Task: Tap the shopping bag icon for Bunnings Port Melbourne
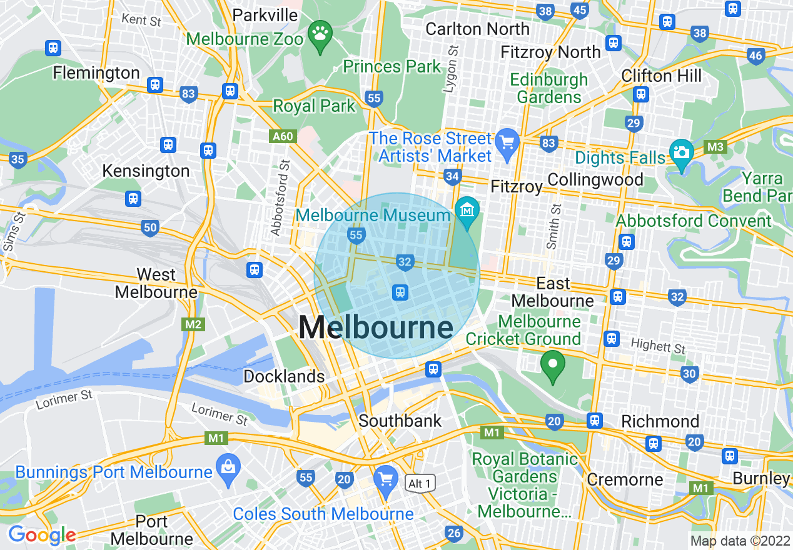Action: [228, 466]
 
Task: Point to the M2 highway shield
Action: [193, 324]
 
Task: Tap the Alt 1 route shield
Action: [419, 483]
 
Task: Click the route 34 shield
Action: [453, 177]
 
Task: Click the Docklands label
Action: [284, 376]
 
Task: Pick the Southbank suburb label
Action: [400, 421]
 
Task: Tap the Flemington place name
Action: [96, 72]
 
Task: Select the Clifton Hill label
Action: [662, 76]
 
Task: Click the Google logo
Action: [41, 535]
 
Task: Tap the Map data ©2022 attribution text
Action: [739, 541]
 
